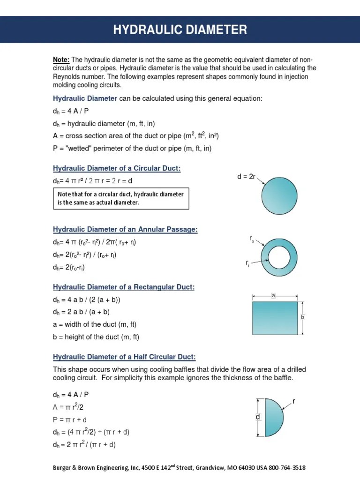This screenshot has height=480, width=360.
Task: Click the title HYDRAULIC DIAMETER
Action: (x=180, y=30)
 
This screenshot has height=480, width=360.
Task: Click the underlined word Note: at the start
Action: (x=61, y=60)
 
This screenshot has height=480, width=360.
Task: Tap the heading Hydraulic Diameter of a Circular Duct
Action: (x=117, y=168)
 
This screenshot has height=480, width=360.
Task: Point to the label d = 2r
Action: (x=246, y=176)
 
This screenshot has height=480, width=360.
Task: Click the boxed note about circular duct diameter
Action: (x=121, y=198)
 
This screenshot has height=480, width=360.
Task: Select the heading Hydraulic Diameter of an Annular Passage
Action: (x=125, y=229)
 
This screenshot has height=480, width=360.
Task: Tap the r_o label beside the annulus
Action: (x=252, y=239)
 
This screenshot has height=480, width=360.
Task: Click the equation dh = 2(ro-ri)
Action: (x=69, y=268)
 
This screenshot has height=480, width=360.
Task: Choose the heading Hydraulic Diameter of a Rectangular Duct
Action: (x=123, y=287)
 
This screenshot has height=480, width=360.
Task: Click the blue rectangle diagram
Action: (x=275, y=318)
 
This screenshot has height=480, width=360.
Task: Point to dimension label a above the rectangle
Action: (x=273, y=296)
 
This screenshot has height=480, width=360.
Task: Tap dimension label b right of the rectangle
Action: (x=302, y=317)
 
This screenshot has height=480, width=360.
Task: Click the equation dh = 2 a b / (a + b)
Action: (x=81, y=312)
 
